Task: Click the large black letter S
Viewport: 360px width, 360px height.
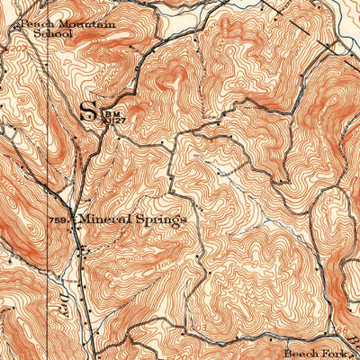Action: pos(87,112)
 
